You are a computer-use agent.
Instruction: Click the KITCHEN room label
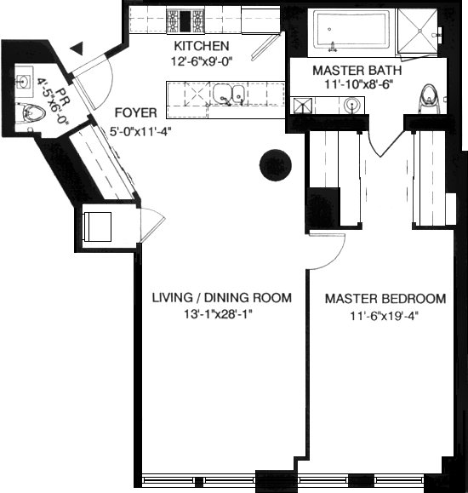coord(202,46)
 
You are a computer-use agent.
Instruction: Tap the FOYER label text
coord(136,113)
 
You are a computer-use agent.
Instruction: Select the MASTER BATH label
coord(357,71)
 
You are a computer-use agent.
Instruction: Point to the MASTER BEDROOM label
coord(385,299)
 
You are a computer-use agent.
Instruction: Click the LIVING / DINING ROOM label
coord(222,298)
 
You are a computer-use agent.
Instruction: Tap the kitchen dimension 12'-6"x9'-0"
coord(202,60)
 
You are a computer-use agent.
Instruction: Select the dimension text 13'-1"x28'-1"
coord(219,314)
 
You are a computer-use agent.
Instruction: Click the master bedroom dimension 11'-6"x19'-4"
coord(385,316)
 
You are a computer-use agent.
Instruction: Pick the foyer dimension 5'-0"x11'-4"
coord(140,131)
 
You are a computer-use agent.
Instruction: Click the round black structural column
coord(276,165)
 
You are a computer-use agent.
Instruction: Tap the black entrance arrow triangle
coord(77,49)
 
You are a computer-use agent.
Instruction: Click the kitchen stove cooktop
coord(185,21)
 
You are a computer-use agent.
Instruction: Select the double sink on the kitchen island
coord(229,95)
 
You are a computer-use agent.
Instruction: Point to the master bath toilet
coord(429,98)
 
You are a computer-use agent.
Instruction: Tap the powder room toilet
coord(32,112)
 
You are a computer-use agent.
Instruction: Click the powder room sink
coord(24,82)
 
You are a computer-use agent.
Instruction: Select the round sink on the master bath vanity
coord(352,104)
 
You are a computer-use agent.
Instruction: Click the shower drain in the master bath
coord(419,31)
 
